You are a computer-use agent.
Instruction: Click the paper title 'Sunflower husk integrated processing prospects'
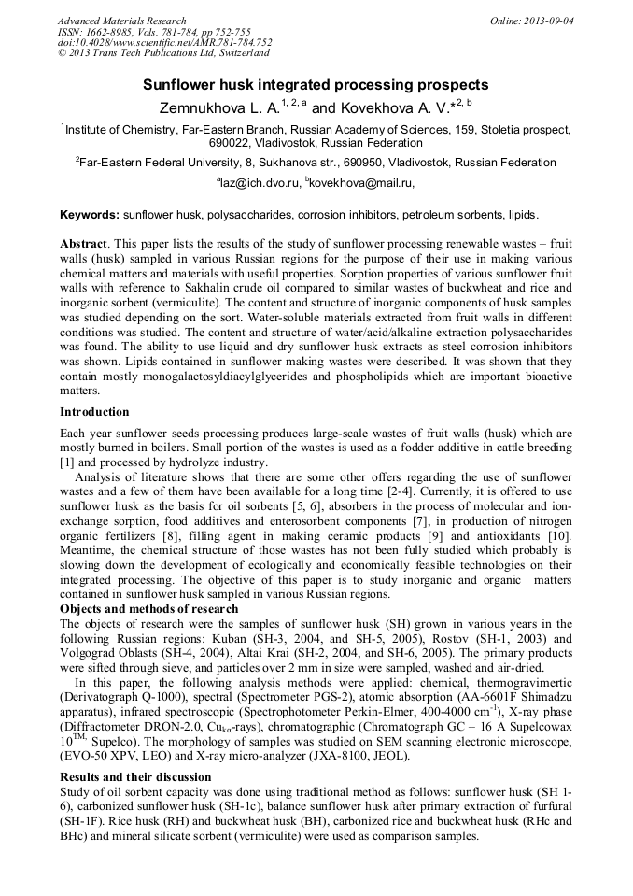[316, 85]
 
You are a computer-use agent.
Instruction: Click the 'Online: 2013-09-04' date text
[532, 21]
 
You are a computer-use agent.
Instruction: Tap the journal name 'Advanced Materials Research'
[122, 21]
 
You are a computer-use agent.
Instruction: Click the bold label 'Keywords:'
[90, 215]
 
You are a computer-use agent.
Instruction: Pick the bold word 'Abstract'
[84, 243]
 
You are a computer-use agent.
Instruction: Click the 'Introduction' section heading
[94, 412]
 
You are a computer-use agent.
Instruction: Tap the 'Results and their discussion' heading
[135, 776]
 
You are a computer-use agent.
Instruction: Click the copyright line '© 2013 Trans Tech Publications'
[145, 54]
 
